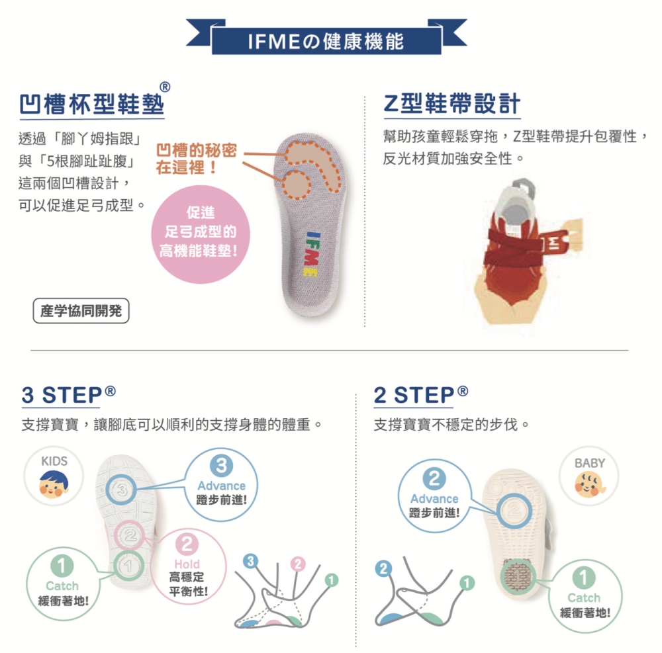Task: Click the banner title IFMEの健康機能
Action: [326, 42]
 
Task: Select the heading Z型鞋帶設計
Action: [451, 105]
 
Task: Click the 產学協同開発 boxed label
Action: [81, 311]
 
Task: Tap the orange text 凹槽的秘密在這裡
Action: [196, 159]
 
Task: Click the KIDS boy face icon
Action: [54, 484]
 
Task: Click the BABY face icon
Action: [589, 485]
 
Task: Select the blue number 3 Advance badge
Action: [221, 466]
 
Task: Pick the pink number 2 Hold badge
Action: [187, 545]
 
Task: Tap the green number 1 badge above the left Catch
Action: [61, 566]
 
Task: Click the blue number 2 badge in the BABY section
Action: [434, 478]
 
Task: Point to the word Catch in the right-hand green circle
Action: [583, 597]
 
